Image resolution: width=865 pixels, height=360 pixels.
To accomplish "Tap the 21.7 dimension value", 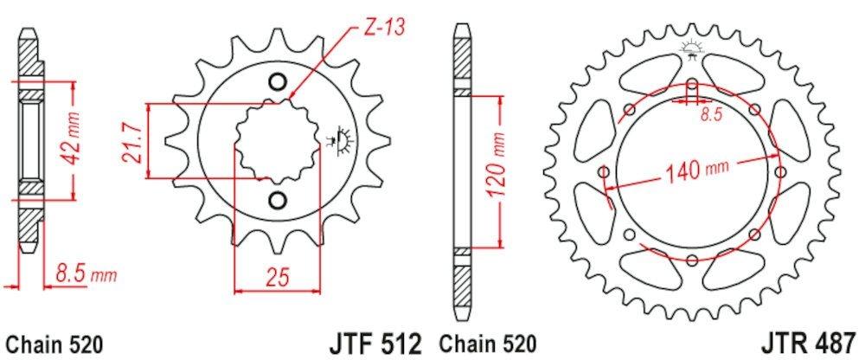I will (x=131, y=140).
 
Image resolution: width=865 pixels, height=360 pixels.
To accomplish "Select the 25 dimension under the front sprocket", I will (x=276, y=279).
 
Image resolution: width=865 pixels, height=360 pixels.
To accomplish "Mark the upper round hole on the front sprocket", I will (x=278, y=82).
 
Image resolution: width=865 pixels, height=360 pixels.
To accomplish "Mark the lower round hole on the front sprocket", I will (x=278, y=202).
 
